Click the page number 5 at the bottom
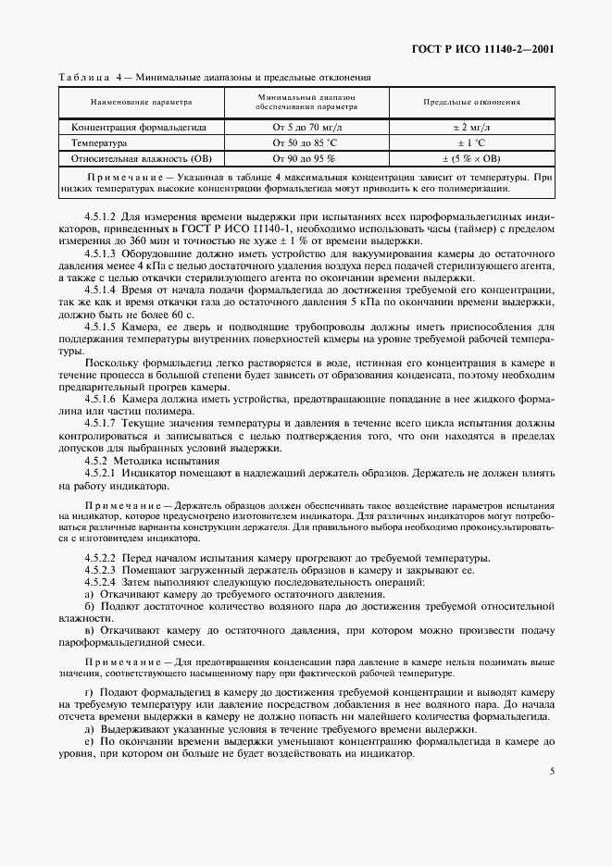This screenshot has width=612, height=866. pyautogui.click(x=551, y=770)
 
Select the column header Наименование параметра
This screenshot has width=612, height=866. pyautogui.click(x=141, y=102)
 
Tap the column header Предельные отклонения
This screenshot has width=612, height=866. pyautogui.click(x=471, y=102)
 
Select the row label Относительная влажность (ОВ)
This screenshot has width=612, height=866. pyautogui.click(x=142, y=159)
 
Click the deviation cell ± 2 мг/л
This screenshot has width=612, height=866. pyautogui.click(x=471, y=128)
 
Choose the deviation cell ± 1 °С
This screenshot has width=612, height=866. pyautogui.click(x=471, y=143)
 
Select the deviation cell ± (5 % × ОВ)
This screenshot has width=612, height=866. pyautogui.click(x=471, y=159)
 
